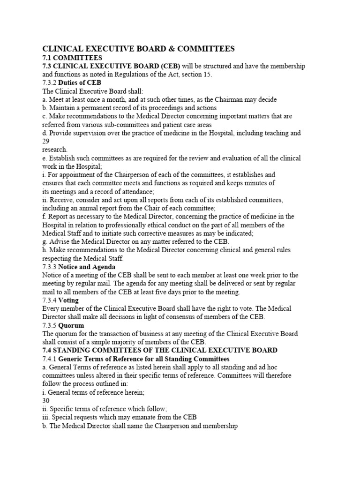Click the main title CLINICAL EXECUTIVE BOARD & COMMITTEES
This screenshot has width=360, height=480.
(138, 48)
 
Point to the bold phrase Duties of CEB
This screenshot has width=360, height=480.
(80, 82)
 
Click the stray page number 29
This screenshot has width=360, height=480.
(46, 142)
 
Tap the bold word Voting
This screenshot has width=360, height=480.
(68, 300)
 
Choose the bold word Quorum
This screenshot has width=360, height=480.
(71, 325)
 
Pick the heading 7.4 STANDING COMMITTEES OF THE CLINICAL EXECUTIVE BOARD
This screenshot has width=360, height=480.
(160, 350)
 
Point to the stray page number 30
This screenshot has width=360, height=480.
(46, 401)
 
